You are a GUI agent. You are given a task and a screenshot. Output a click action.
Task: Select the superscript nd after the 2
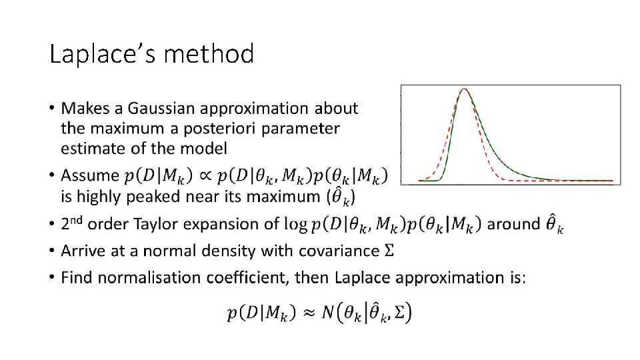(77, 219)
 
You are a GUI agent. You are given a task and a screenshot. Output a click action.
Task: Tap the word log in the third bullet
(295, 225)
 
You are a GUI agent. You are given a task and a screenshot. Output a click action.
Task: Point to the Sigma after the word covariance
(389, 251)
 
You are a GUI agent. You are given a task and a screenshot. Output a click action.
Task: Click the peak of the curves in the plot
(465, 90)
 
